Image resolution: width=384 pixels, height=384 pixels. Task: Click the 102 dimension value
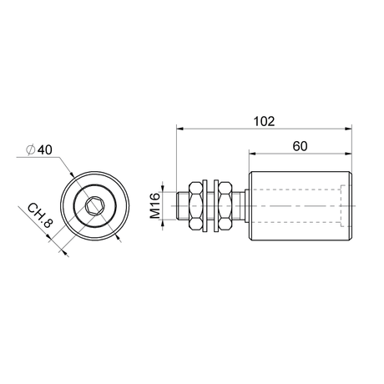click(264, 121)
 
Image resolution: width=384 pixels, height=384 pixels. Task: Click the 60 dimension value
click(300, 146)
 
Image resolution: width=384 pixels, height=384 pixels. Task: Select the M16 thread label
click(155, 205)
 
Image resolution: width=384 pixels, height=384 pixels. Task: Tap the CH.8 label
click(40, 215)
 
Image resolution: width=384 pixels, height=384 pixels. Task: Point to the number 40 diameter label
click(45, 149)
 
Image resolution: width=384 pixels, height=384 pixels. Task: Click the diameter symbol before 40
click(30, 149)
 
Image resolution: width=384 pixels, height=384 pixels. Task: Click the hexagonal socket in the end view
click(94, 206)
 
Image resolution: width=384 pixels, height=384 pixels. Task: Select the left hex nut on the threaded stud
click(195, 206)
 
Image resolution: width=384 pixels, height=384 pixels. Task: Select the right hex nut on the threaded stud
click(225, 206)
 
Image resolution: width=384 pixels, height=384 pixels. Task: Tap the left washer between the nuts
click(205, 206)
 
